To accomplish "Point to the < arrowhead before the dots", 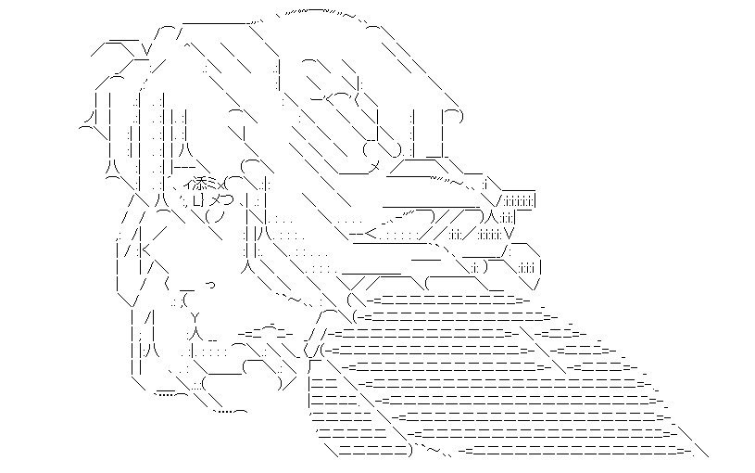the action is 369,233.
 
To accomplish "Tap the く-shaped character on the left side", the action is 145,249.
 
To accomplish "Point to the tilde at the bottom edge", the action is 432,451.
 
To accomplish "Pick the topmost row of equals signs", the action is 445,300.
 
